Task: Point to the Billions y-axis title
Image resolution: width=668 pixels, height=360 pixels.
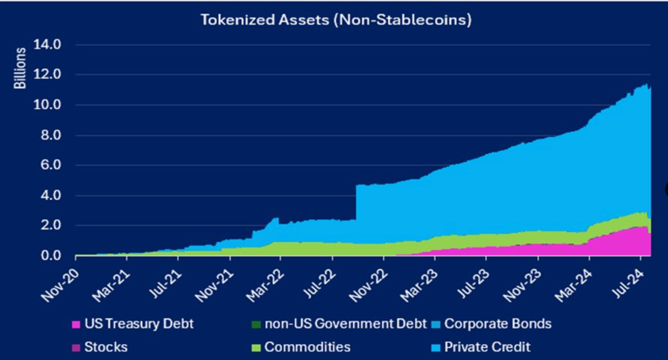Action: pyautogui.click(x=20, y=68)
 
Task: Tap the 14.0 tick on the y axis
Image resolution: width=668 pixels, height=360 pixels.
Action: pyautogui.click(x=47, y=45)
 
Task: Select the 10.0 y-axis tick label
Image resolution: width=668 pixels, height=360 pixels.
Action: pyautogui.click(x=47, y=105)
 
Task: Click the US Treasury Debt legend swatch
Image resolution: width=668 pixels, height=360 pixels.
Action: pyautogui.click(x=76, y=325)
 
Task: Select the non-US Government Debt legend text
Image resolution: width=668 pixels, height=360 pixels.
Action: pyautogui.click(x=345, y=324)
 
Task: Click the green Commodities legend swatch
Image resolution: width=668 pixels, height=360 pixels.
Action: pyautogui.click(x=256, y=347)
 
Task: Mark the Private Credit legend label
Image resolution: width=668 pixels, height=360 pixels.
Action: pyautogui.click(x=487, y=347)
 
